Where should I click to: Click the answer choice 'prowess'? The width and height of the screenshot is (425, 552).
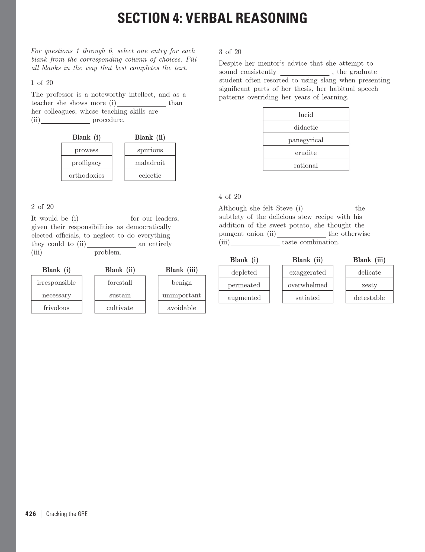pos(86,150)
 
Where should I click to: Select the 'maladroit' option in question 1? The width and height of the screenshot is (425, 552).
pos(150,163)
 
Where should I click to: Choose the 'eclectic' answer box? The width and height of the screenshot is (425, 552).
pos(150,175)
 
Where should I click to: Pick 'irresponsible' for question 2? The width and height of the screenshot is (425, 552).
pos(56,283)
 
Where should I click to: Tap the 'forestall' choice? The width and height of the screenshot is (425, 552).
pos(120,283)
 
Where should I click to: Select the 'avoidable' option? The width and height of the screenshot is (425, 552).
pos(182,308)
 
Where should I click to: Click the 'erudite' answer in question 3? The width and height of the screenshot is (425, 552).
pos(306,153)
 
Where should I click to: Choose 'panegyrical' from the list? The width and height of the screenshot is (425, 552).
pos(306,140)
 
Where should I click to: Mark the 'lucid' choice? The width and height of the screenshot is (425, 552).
pos(306,115)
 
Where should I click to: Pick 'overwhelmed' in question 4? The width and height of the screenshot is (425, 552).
pos(307,285)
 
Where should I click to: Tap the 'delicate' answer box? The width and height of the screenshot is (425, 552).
pos(369,272)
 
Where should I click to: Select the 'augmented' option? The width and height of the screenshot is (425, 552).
pos(244,298)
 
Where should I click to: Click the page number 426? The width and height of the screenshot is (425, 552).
pos(31,514)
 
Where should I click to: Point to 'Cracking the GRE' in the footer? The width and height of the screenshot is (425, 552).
pos(67,514)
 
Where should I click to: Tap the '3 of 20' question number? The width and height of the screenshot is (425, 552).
pos(230,52)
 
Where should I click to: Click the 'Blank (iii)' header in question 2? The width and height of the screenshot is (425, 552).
pos(182,270)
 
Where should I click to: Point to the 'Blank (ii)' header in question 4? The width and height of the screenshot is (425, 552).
pos(307,260)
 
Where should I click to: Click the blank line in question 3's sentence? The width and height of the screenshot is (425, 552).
pos(305,73)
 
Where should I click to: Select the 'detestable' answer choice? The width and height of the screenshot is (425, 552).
pos(369,298)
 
